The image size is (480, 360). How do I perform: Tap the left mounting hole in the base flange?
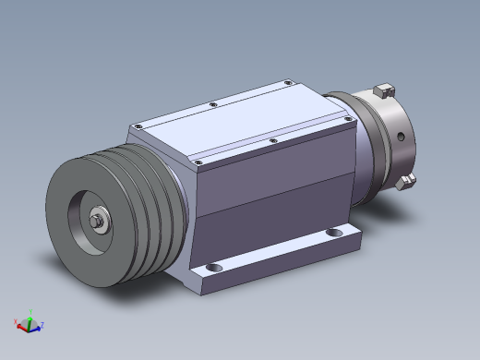214,269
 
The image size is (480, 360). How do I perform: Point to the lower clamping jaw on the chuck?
403,181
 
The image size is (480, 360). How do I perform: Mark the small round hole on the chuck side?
402,136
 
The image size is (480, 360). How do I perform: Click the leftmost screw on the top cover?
136,124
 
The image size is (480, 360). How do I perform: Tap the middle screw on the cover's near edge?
272,141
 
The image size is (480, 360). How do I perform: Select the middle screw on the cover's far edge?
212,105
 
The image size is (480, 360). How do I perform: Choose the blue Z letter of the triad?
42,325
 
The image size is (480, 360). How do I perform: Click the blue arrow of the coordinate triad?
36,326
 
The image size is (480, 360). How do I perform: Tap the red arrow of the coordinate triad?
23,324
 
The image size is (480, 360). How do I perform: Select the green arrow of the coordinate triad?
29,318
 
